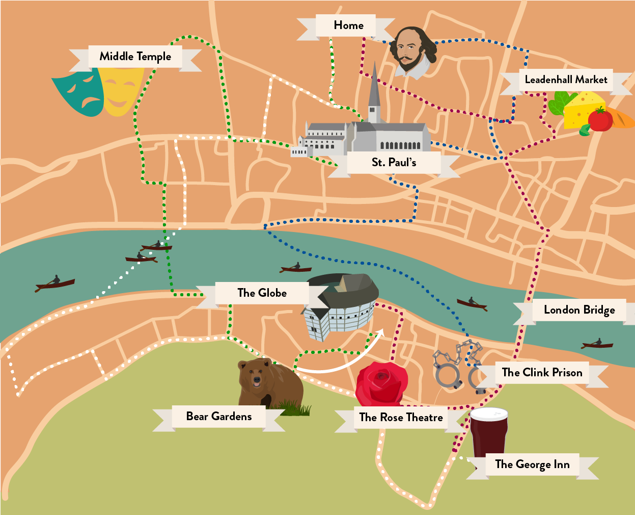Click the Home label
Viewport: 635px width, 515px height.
tap(348, 25)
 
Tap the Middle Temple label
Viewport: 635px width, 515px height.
tap(135, 57)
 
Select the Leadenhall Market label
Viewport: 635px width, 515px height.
tap(566, 80)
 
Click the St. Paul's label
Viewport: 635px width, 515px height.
tap(394, 163)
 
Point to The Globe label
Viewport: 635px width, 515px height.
tap(262, 293)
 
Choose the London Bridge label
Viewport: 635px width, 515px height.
tap(579, 310)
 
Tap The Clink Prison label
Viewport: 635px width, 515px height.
tap(542, 373)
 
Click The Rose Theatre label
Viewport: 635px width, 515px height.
tap(401, 418)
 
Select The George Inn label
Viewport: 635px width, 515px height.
tap(532, 465)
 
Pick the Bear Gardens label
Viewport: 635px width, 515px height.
tap(218, 417)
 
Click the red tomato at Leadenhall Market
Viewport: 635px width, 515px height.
tap(600, 120)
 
